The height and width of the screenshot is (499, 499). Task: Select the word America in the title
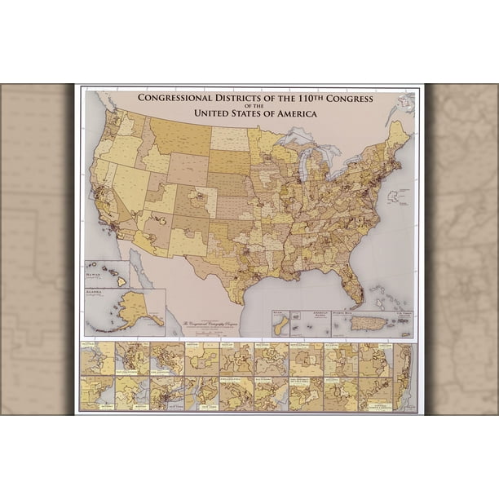[x=293, y=113]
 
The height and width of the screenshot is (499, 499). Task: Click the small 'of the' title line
[x=255, y=106]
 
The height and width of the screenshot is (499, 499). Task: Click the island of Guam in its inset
[x=282, y=325]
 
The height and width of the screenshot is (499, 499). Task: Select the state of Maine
[x=398, y=135]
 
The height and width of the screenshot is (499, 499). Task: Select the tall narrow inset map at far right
[x=404, y=377]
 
